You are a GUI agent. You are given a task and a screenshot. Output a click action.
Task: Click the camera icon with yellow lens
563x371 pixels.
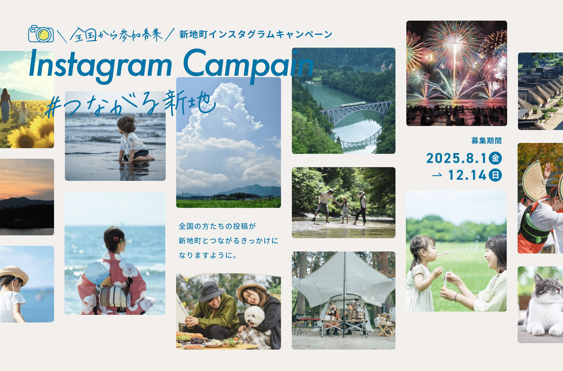click(41, 34)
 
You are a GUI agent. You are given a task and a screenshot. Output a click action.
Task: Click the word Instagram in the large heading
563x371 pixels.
click(101, 66)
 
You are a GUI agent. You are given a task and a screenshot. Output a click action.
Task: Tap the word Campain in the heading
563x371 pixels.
click(248, 66)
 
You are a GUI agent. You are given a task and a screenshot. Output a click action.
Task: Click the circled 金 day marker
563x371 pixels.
click(495, 158)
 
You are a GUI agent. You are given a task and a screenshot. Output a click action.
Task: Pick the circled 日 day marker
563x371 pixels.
click(495, 175)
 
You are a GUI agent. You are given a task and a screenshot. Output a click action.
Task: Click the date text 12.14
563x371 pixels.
click(467, 175)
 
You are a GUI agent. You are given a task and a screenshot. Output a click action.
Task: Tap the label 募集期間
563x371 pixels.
click(486, 141)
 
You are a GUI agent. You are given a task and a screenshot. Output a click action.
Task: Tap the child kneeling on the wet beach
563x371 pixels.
click(133, 139)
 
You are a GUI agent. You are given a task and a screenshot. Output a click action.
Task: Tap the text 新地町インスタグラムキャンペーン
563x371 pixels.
click(256, 34)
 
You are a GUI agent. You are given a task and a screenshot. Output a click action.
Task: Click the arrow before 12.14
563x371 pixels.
click(437, 175)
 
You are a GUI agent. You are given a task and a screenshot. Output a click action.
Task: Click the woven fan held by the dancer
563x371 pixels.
click(535, 180)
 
